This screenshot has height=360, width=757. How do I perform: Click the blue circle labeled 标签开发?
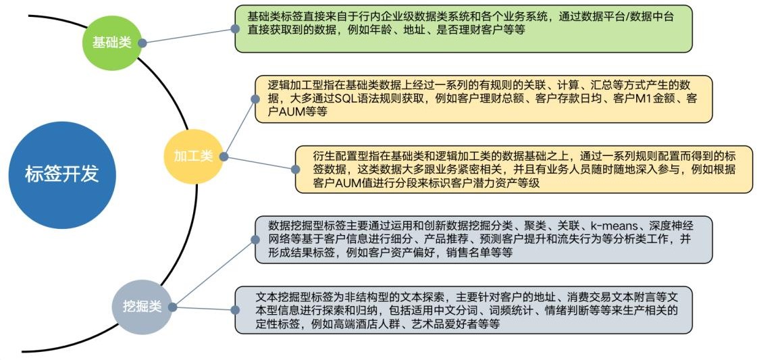tap(62, 175)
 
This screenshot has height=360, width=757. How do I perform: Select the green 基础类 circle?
tap(112, 43)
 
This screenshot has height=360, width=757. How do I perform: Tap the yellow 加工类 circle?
tap(193, 155)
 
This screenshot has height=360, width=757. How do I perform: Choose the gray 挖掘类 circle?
tap(142, 307)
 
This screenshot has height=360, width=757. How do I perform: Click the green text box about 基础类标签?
tap(463, 28)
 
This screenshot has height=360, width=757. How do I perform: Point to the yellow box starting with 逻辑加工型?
tap(484, 99)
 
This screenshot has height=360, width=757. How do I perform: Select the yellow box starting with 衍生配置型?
tap(524, 170)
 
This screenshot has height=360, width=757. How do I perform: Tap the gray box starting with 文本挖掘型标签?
tap(463, 310)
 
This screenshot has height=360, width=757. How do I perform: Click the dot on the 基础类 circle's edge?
tap(142, 43)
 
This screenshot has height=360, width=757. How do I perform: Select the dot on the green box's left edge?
tap(235, 29)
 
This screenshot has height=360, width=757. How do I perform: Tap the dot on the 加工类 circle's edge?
tap(223, 156)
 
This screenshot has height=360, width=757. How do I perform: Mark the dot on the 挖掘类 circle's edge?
tap(172, 307)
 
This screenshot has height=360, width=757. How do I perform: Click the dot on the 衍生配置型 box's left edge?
tap(295, 170)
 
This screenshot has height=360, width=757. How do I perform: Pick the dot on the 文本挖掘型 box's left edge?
tap(235, 310)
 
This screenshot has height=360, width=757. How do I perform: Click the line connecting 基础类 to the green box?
tap(188, 36)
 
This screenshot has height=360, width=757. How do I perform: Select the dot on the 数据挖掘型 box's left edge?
tap(255, 240)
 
